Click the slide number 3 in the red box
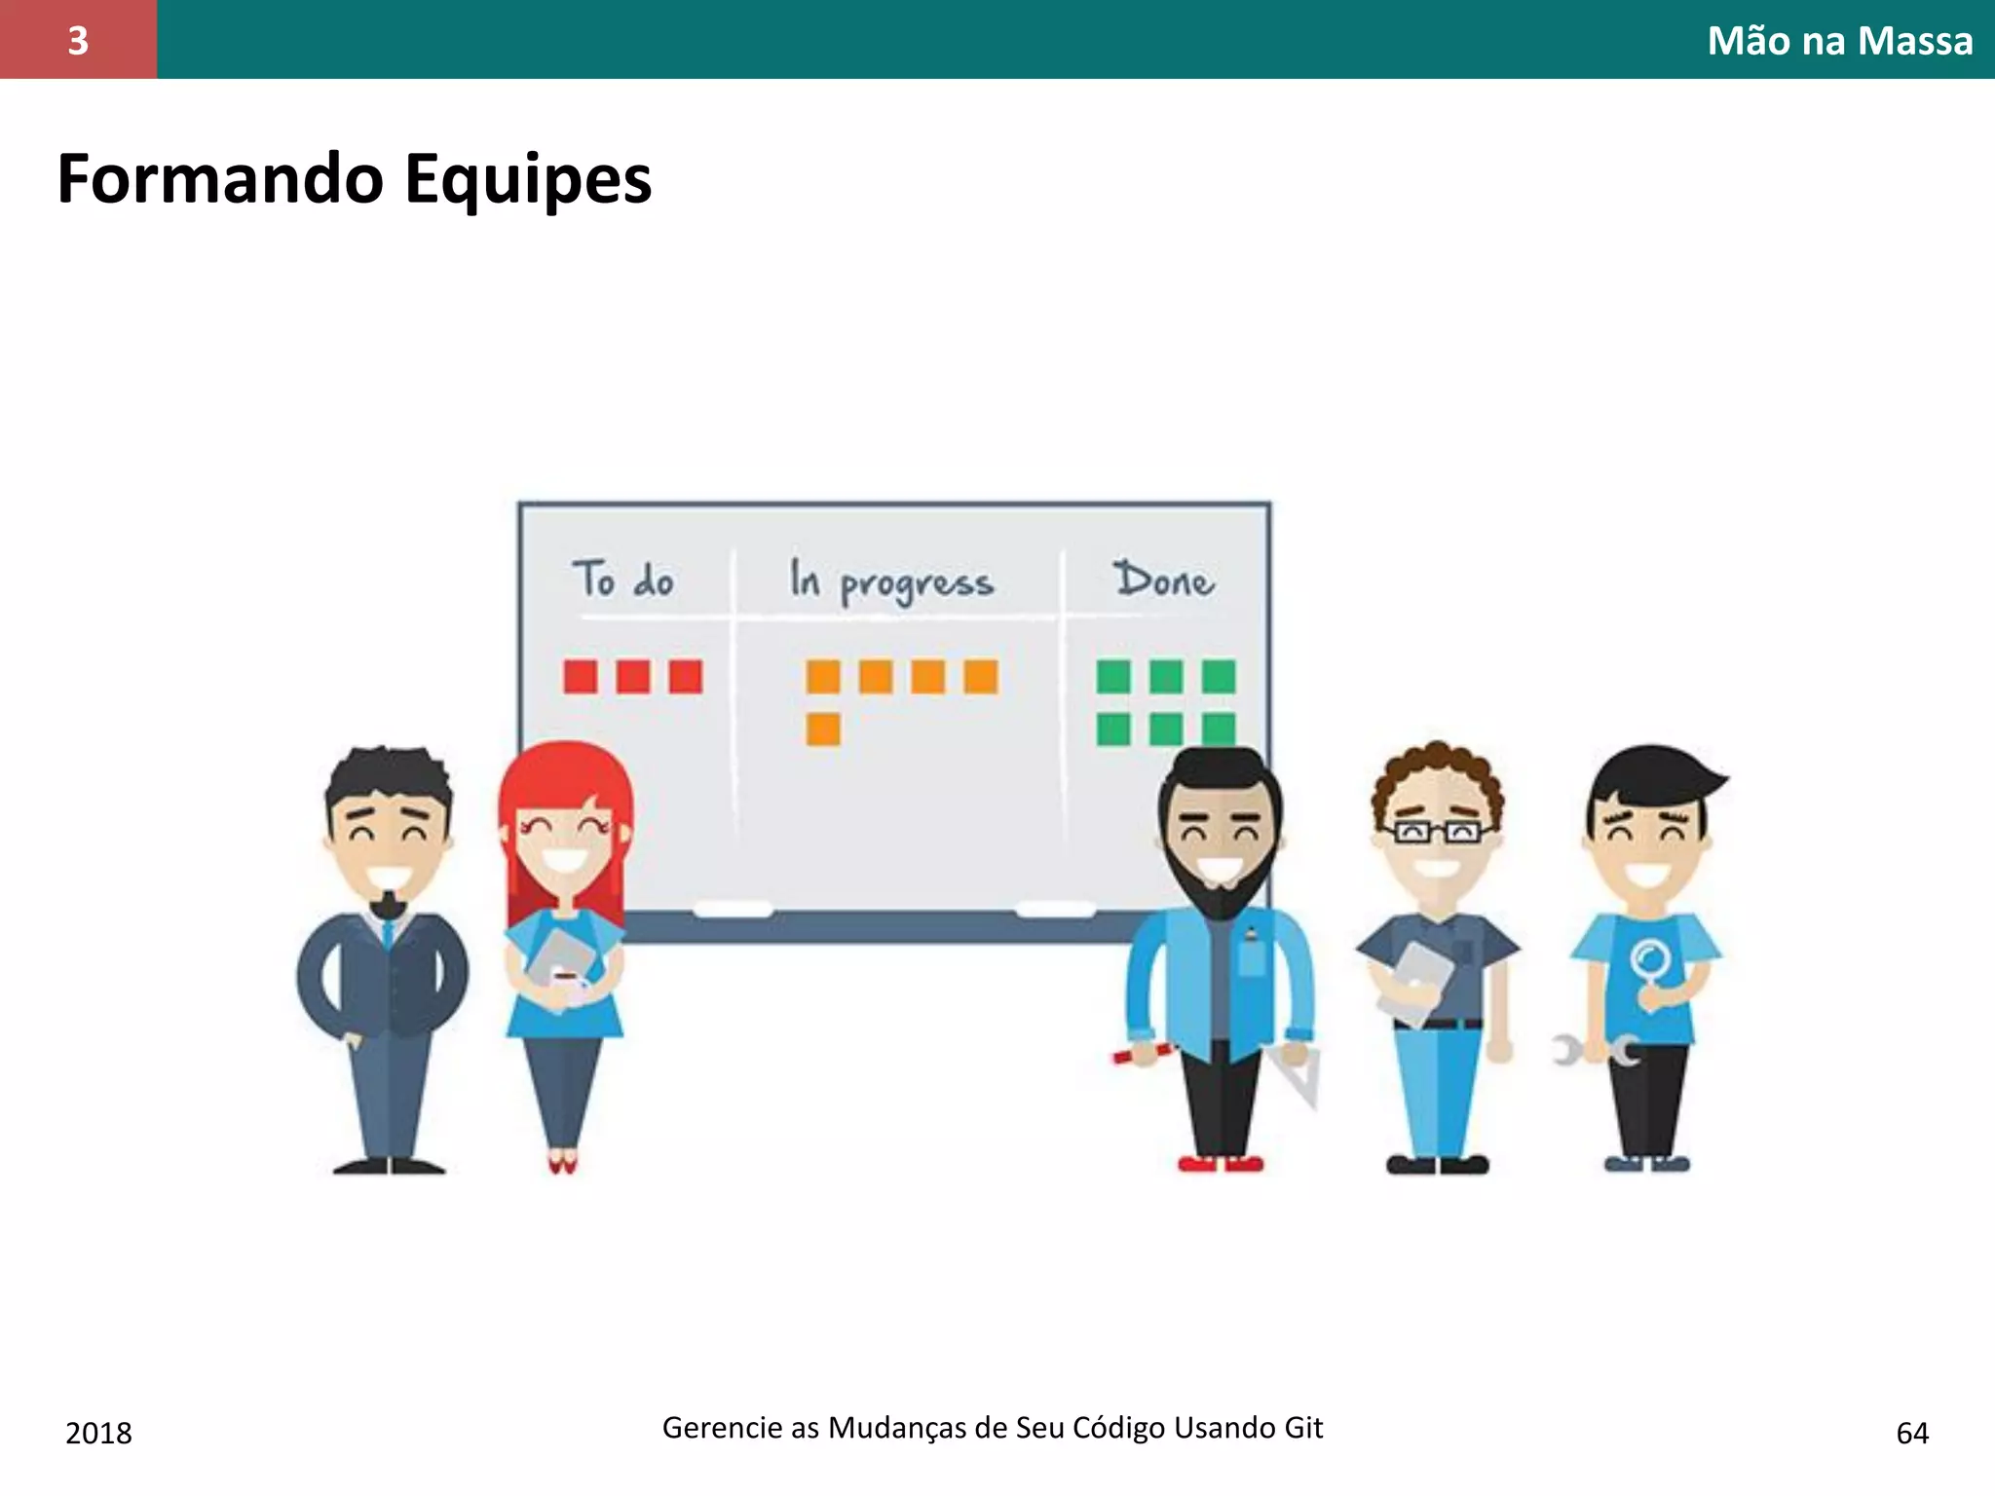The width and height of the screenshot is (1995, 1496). tap(78, 40)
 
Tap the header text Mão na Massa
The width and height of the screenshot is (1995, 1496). tap(1839, 41)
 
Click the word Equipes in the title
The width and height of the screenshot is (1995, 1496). tap(527, 180)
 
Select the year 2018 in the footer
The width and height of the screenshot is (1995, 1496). tap(98, 1433)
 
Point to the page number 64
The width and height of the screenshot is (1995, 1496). tap(1912, 1433)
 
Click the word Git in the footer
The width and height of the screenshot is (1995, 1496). tap(1303, 1427)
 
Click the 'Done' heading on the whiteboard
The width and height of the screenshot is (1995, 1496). tap(1164, 580)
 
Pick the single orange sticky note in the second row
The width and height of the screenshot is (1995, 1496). tap(823, 729)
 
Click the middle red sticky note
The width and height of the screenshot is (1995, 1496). tap(633, 676)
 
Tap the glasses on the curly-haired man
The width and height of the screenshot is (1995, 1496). tap(1438, 832)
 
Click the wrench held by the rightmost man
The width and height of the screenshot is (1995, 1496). tap(1594, 1051)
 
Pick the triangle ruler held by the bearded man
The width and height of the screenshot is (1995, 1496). tap(1299, 1076)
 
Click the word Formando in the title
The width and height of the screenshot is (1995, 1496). tap(221, 180)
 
